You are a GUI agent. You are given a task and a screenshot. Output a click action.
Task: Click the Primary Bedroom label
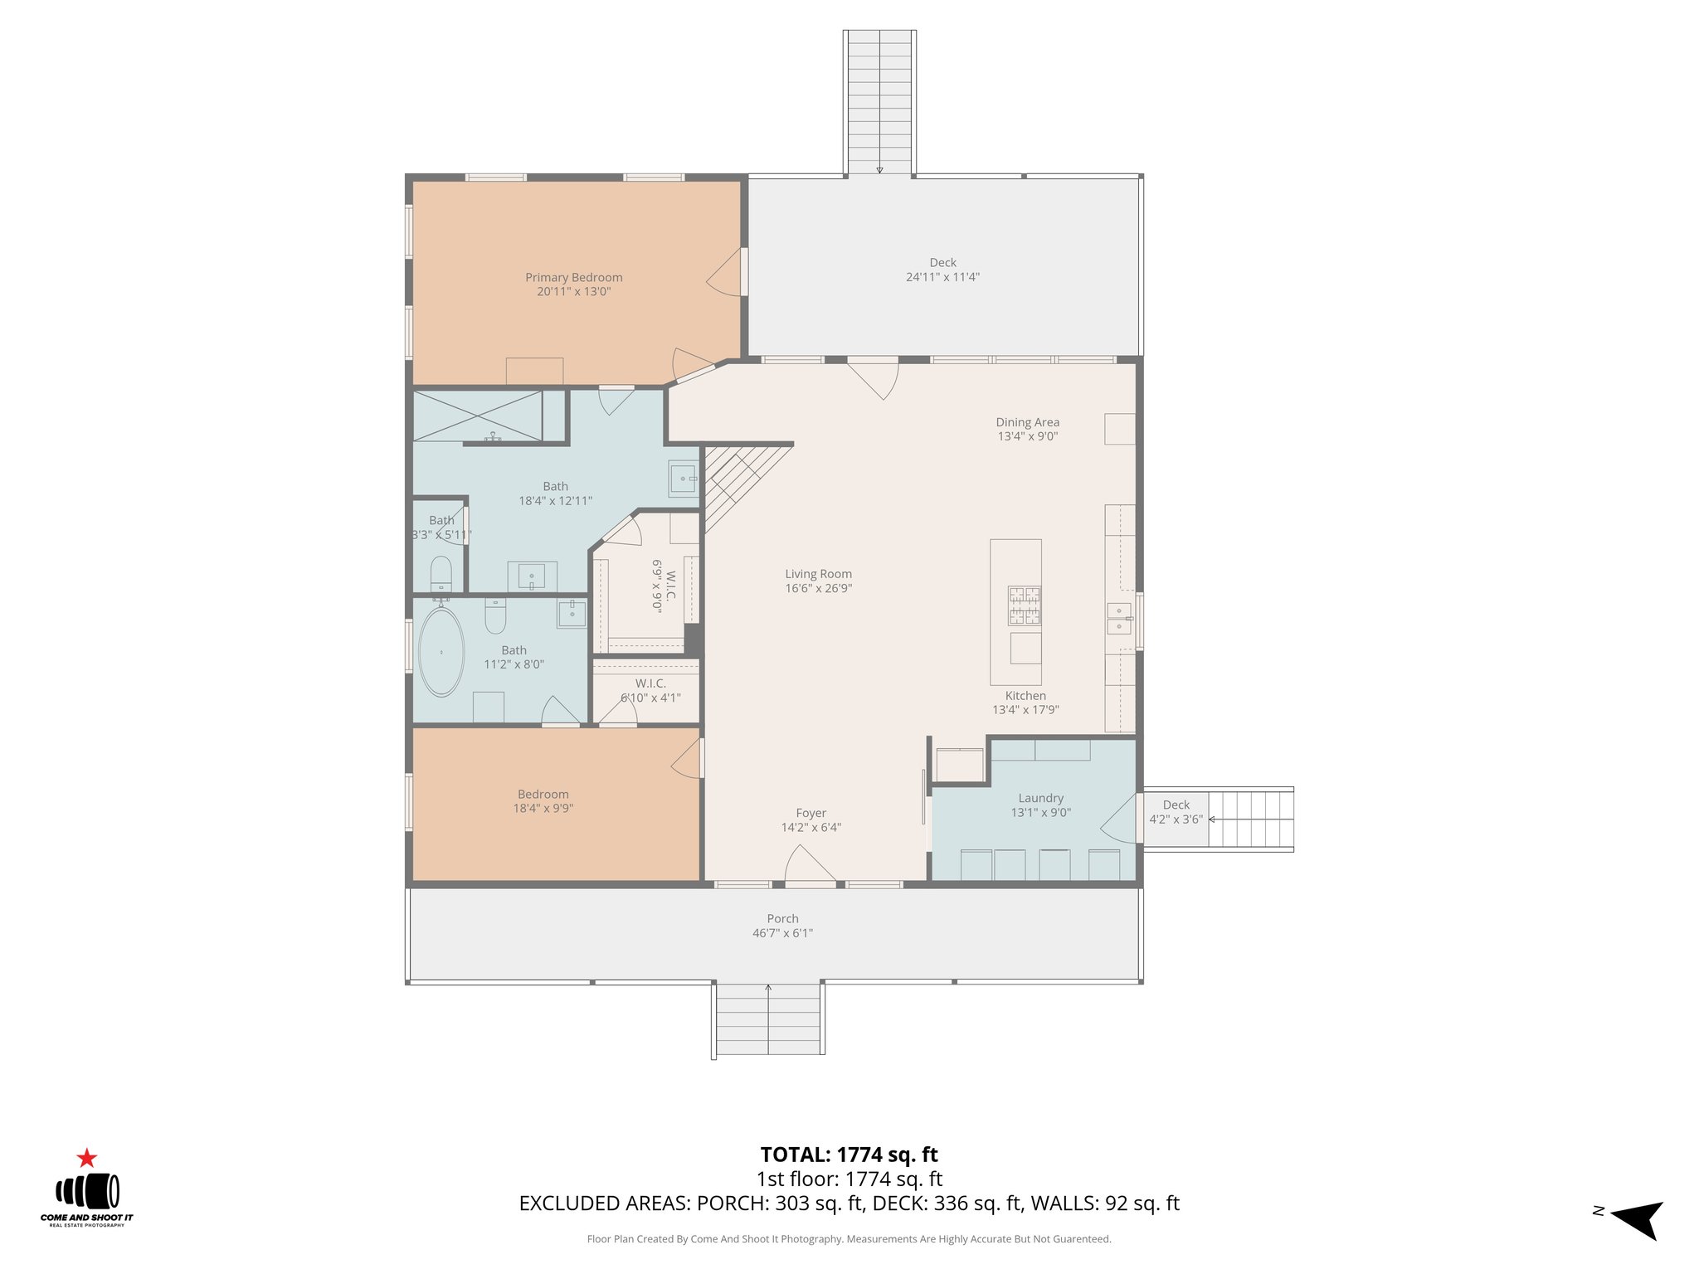click(x=573, y=278)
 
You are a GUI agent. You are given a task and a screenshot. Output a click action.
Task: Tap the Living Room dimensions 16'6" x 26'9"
click(x=818, y=588)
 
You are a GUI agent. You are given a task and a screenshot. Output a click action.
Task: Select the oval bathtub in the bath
click(x=441, y=654)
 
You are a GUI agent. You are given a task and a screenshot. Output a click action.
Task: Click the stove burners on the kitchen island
click(x=1025, y=605)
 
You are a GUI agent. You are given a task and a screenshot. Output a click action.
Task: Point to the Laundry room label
click(x=1040, y=798)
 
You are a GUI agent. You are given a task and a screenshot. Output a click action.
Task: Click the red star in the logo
click(x=86, y=1158)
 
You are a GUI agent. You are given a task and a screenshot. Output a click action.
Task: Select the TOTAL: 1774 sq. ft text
click(x=849, y=1155)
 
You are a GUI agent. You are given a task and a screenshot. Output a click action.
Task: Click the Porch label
click(x=782, y=918)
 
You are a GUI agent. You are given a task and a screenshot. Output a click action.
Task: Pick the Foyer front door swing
click(x=809, y=864)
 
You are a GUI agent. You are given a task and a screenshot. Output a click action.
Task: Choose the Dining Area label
click(x=1027, y=422)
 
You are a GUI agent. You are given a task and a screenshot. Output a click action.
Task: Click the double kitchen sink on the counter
click(x=1118, y=619)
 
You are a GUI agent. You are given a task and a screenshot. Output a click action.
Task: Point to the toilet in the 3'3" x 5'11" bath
click(x=441, y=572)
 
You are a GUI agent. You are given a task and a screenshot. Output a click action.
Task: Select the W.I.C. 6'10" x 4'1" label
click(x=650, y=690)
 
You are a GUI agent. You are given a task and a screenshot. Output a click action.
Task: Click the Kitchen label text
click(x=1025, y=696)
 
